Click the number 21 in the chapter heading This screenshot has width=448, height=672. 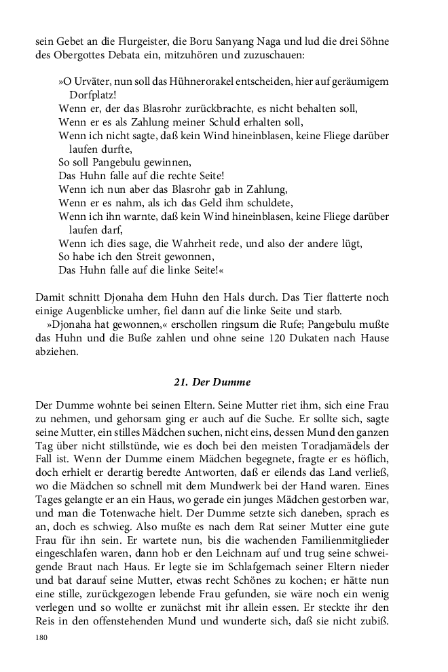(x=181, y=382)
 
